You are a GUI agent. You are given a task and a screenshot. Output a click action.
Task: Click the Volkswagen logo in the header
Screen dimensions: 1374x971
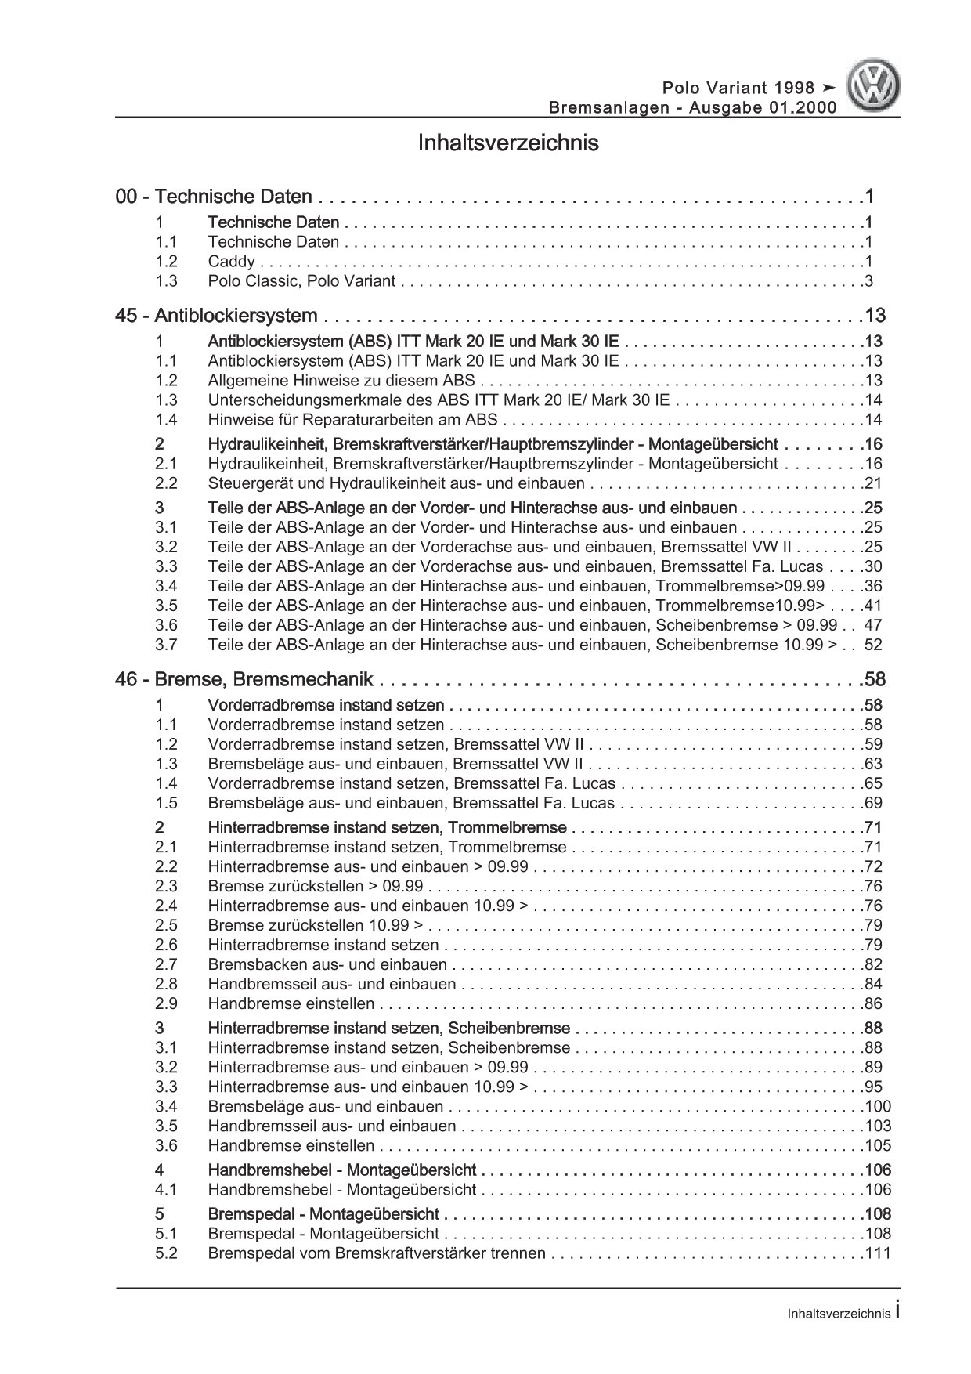875,87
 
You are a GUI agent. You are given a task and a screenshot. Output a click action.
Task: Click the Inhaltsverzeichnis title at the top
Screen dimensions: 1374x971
508,143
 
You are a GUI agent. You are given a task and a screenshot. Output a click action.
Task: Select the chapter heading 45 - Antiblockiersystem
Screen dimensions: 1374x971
216,316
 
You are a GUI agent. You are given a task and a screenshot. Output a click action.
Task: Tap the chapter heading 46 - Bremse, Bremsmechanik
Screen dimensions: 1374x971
244,679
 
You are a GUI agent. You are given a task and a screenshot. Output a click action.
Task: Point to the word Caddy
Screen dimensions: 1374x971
231,262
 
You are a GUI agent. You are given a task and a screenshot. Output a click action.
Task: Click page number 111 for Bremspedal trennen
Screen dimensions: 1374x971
878,1253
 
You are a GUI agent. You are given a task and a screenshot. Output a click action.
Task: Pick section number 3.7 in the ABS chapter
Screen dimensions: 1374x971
166,645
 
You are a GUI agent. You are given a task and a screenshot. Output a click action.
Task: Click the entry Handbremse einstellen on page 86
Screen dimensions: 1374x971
291,1003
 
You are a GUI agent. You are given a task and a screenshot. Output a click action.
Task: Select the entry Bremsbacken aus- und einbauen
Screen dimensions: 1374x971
327,964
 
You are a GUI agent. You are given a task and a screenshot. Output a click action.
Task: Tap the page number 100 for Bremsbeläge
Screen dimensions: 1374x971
878,1106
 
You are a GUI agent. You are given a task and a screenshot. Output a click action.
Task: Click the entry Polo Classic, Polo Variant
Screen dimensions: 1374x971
301,281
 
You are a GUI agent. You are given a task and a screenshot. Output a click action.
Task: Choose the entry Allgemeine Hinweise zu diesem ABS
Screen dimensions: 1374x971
341,381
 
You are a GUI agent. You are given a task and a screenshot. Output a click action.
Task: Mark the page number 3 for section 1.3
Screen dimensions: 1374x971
868,281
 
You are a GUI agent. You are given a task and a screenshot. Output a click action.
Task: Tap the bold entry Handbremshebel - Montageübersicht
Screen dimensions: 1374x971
341,1170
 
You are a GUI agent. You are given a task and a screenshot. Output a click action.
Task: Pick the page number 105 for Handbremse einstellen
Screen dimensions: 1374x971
878,1145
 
